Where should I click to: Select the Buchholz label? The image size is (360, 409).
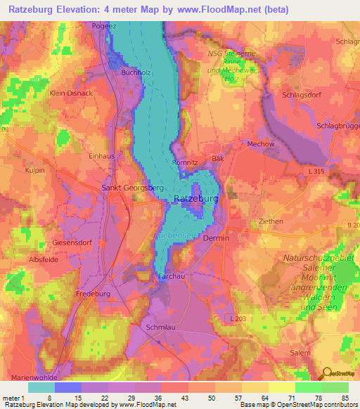[136, 72]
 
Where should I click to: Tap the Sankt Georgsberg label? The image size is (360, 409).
[133, 189]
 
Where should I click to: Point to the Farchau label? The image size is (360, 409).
[171, 278]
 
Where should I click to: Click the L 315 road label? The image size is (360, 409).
[317, 173]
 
